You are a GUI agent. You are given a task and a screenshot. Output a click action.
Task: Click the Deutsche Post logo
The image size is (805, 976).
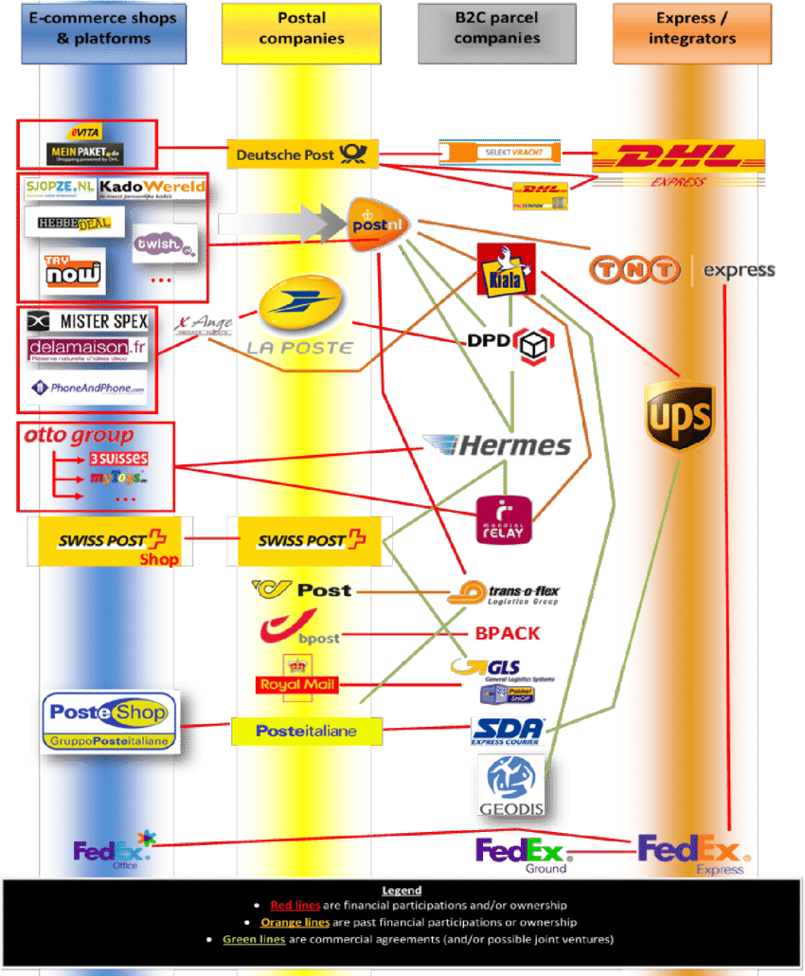click(302, 154)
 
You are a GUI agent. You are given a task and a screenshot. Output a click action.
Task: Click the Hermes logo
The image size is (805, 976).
click(497, 445)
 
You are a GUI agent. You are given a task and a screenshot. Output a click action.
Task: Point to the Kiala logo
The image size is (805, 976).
click(506, 267)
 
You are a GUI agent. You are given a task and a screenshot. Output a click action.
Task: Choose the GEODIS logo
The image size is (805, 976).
click(510, 785)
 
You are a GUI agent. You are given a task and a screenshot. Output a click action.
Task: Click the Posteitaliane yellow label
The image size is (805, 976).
click(306, 731)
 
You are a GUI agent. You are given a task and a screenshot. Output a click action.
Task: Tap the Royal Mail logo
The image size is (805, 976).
click(296, 678)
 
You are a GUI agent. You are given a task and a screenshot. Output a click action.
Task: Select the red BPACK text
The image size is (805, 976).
click(507, 633)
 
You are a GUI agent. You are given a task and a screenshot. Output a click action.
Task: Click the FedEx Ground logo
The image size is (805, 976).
click(520, 853)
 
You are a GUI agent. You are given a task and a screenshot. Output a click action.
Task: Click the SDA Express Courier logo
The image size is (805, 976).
click(509, 731)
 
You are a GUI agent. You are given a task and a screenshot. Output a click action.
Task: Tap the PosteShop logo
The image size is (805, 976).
click(109, 721)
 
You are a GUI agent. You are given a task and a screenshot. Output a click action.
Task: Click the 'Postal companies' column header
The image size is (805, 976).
click(301, 28)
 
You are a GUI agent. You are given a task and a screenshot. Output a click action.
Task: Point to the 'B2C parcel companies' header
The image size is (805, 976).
click(496, 28)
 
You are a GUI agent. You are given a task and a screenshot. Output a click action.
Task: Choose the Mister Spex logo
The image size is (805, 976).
click(88, 321)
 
